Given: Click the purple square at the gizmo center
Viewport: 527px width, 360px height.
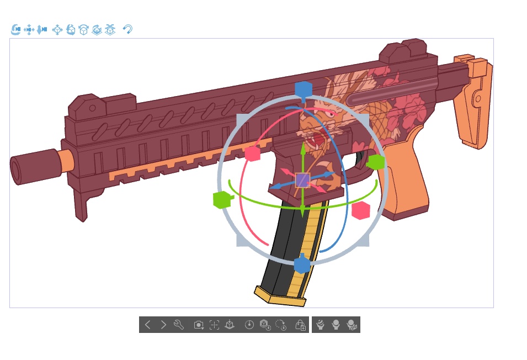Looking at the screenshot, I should pyautogui.click(x=302, y=180).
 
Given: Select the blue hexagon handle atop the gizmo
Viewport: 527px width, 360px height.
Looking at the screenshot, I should pyautogui.click(x=304, y=89).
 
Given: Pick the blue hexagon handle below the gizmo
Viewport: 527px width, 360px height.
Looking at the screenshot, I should pyautogui.click(x=302, y=265).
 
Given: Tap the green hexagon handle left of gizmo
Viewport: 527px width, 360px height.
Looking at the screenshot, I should pyautogui.click(x=221, y=199).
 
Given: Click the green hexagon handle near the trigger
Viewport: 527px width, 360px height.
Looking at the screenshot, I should pyautogui.click(x=376, y=162).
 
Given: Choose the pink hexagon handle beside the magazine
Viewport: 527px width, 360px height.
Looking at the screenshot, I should pyautogui.click(x=360, y=210).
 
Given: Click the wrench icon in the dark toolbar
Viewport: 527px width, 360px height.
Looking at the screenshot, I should pyautogui.click(x=178, y=325).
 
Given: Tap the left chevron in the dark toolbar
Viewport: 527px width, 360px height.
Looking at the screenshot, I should pyautogui.click(x=147, y=325).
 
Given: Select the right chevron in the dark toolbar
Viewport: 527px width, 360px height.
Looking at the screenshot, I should pyautogui.click(x=163, y=325).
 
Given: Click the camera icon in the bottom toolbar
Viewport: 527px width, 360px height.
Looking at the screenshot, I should pyautogui.click(x=199, y=325).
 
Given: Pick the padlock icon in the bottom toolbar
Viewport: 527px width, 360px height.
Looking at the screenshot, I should pyautogui.click(x=300, y=325).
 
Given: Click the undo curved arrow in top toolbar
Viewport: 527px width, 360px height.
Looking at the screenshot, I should pyautogui.click(x=127, y=29).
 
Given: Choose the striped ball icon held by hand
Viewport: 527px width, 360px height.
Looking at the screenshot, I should pyautogui.click(x=320, y=325).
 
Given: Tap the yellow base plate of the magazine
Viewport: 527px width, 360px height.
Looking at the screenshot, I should pyautogui.click(x=279, y=296).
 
